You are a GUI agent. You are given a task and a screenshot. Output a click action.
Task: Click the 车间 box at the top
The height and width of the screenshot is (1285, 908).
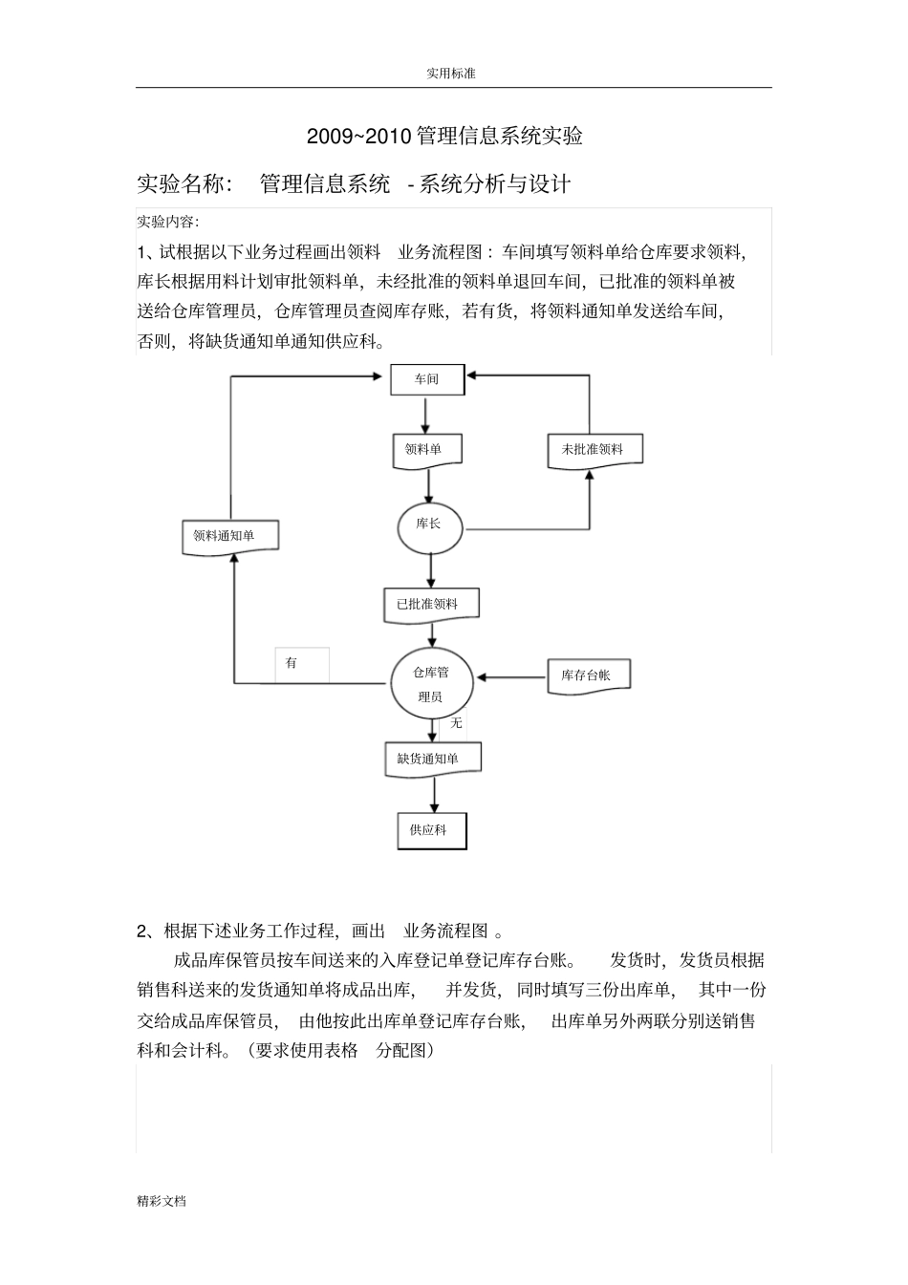point(427,379)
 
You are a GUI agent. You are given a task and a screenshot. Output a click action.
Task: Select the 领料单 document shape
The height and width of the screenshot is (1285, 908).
point(427,450)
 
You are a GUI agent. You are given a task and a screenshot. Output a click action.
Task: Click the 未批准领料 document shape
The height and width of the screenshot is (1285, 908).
point(595,450)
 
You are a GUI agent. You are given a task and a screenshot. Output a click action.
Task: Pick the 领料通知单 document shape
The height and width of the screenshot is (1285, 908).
point(229,536)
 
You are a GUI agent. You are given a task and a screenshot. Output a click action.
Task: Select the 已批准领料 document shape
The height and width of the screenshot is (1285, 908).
point(430,604)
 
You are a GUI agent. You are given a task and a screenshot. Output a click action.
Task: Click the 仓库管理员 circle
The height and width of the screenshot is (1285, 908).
point(432,684)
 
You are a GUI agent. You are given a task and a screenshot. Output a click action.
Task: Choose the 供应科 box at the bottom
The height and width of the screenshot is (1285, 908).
point(432,830)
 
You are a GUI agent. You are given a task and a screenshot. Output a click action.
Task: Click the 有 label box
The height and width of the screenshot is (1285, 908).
point(301,664)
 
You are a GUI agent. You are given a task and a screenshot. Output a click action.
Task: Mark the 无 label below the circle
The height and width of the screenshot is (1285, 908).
point(457,723)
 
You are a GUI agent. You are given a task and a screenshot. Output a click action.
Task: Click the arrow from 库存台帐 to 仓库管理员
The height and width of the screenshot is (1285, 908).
point(511,678)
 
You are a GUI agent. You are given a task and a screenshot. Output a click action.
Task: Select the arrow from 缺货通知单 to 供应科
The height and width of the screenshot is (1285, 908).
point(434,793)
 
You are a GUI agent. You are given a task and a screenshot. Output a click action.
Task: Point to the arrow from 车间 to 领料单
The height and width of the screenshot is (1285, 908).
point(426,415)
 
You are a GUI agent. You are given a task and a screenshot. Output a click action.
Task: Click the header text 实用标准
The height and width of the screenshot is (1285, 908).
point(452,73)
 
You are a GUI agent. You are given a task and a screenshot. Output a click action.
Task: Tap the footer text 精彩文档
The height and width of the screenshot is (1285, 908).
point(162,1201)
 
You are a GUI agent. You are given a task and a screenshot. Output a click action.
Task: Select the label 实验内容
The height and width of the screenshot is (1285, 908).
point(167,223)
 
